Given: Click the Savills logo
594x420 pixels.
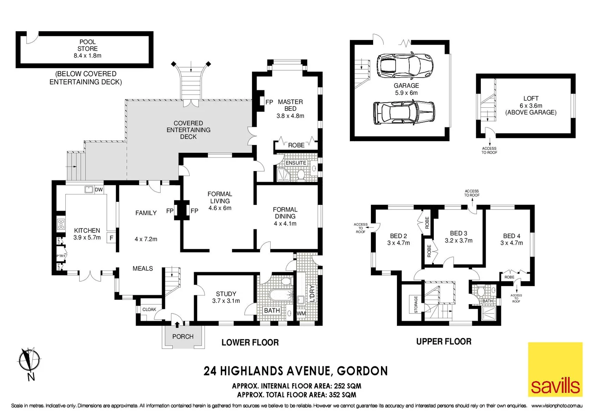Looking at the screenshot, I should coord(555,369).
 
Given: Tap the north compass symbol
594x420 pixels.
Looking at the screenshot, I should coord(30,360).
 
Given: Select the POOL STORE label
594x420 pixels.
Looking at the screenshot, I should coord(87,45).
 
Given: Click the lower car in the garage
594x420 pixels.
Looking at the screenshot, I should coord(404,113).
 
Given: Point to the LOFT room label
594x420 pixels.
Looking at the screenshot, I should coord(531,99).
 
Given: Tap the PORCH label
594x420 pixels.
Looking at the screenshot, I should coord(183,336).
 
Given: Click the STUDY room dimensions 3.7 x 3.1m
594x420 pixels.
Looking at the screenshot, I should coord(226,301).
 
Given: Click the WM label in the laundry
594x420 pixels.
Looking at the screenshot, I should coord(301,313).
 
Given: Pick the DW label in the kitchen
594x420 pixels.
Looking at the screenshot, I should coord(99,190).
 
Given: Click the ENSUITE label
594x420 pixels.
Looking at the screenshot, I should coord(296,163).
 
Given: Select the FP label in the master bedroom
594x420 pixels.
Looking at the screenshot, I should coord(269,102).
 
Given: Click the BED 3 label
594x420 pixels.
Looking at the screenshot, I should coord(458,233).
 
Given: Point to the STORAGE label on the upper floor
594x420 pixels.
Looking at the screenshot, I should coord(416,304).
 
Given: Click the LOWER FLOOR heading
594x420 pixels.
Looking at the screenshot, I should coord(250,343).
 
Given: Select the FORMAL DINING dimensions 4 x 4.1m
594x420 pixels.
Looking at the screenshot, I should coord(285,224).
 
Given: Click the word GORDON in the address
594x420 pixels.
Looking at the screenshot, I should coord(362,371).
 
